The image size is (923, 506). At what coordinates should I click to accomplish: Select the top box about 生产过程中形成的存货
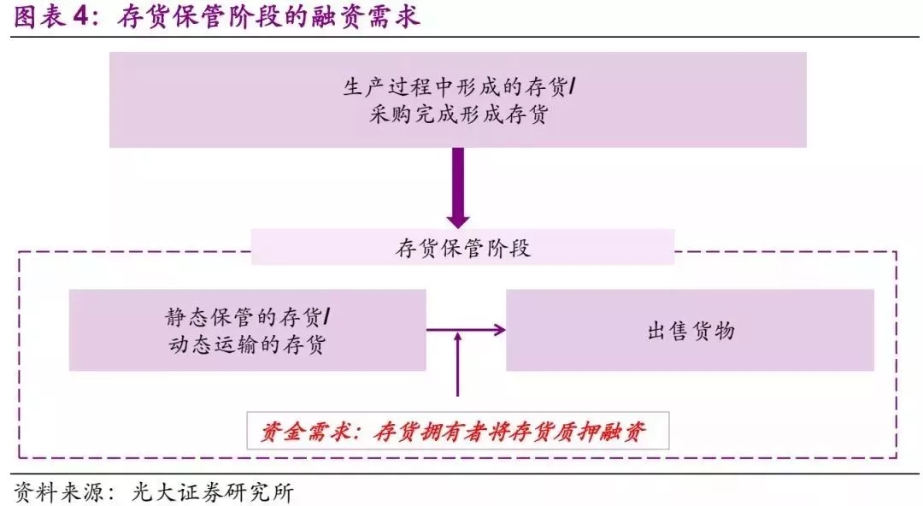pos(457,99)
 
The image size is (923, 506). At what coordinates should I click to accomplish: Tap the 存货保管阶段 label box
pos(462,248)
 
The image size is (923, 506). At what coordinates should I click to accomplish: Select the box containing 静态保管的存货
pos(247,330)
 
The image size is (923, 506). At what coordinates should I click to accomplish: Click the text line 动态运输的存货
pos(245,345)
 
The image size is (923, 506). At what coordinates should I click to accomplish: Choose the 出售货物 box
pos(690,330)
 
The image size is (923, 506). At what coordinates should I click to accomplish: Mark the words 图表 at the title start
pos(39,18)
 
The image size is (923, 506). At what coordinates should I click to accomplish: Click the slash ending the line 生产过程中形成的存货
pos(571,87)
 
